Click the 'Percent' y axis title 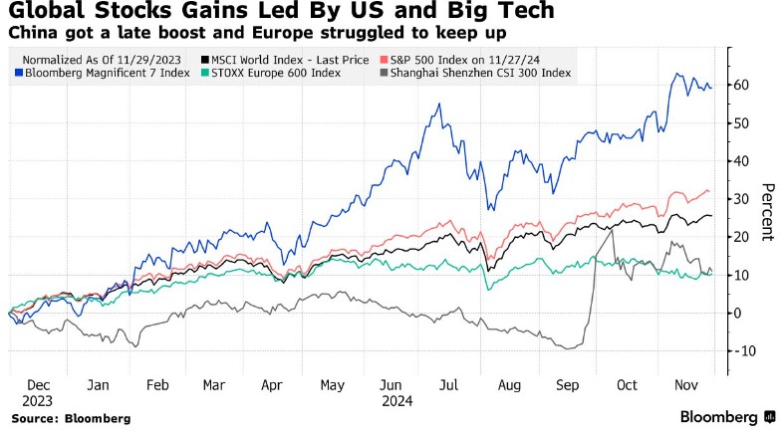coord(768,212)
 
